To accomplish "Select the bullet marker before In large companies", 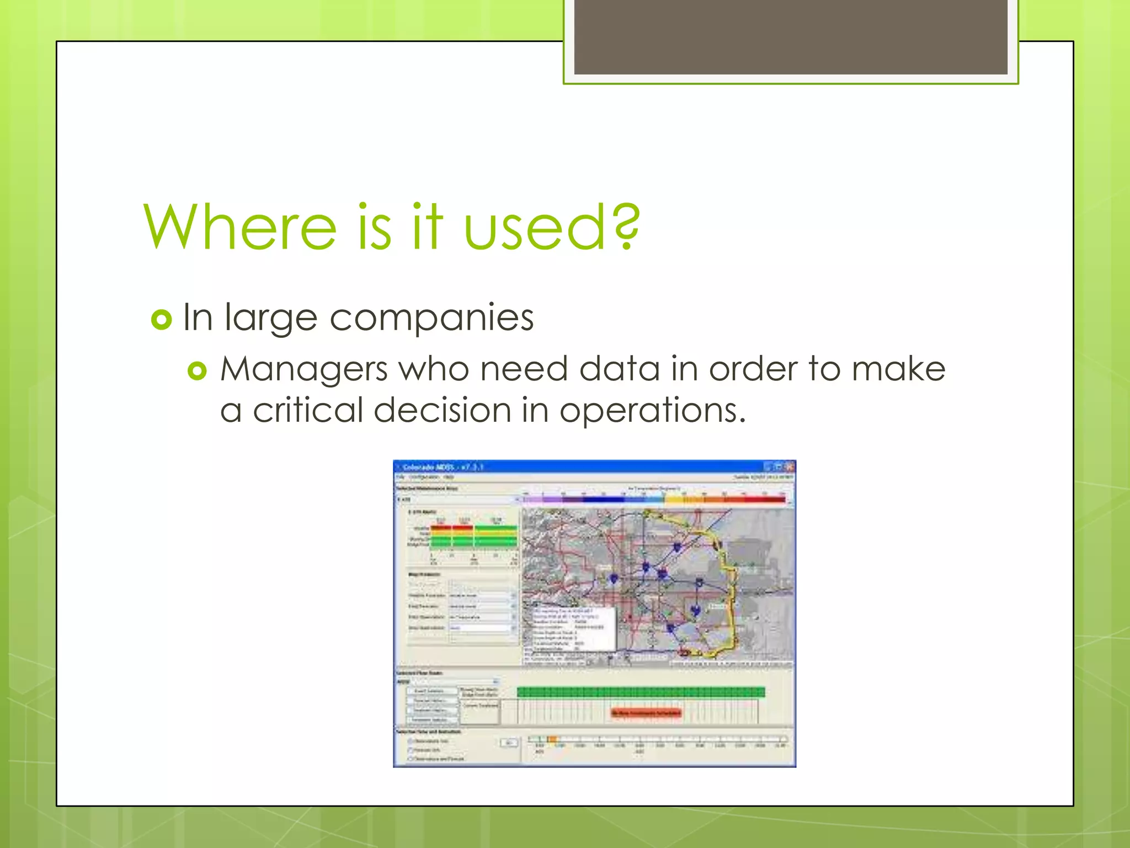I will (162, 320).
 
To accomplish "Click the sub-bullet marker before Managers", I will (197, 371).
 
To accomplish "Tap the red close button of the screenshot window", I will (790, 467).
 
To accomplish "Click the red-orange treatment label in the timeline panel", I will (646, 713).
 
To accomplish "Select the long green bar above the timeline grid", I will (641, 692).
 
